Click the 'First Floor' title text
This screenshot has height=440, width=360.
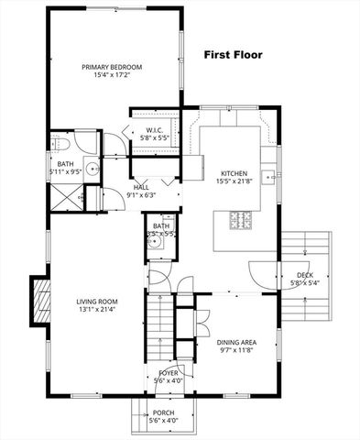[233, 56]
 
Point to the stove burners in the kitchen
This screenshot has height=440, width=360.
[239, 219]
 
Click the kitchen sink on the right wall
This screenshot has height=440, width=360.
[268, 176]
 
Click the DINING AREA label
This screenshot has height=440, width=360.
[235, 343]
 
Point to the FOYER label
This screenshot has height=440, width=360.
[168, 373]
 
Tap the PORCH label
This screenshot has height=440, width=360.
[164, 413]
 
